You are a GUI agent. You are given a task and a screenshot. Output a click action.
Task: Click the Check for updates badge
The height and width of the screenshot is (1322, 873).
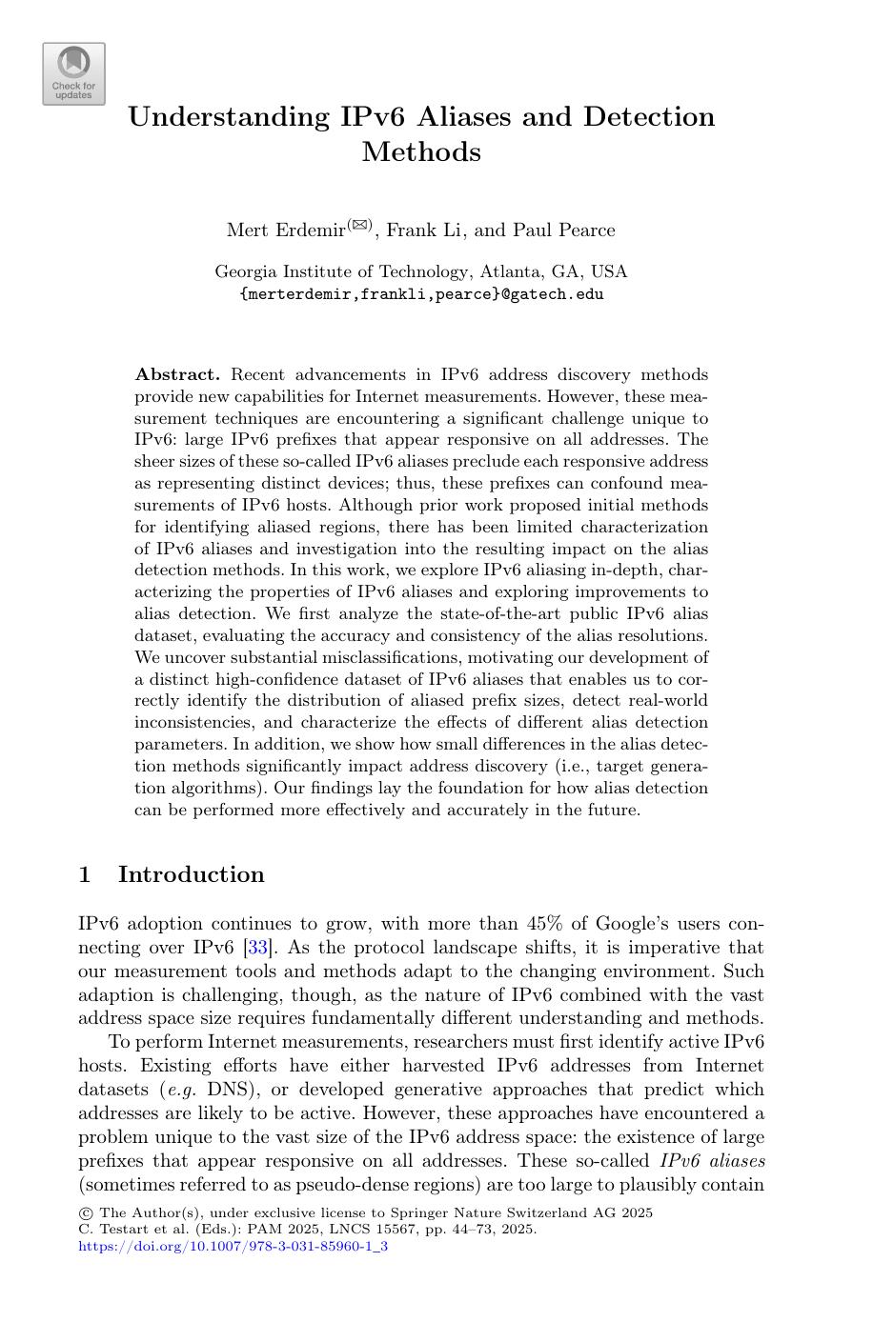73,73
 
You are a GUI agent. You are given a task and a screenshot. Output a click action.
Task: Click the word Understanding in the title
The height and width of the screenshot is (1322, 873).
228,117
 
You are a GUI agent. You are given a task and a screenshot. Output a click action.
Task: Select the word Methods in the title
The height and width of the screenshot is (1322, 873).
421,152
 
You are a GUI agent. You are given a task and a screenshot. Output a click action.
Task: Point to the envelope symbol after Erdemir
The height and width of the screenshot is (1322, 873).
359,225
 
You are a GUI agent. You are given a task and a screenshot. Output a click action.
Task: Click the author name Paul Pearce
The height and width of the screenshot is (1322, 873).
564,230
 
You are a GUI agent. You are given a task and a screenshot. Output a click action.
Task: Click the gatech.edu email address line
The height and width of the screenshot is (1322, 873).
421,294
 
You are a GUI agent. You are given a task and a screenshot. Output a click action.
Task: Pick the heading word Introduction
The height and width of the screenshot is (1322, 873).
191,874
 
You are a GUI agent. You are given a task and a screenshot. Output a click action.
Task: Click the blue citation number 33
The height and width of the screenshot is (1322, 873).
254,948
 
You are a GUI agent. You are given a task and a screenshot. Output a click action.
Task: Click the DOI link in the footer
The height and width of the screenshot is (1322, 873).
233,1245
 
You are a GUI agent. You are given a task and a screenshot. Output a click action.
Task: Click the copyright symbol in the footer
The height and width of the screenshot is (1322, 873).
84,1213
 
